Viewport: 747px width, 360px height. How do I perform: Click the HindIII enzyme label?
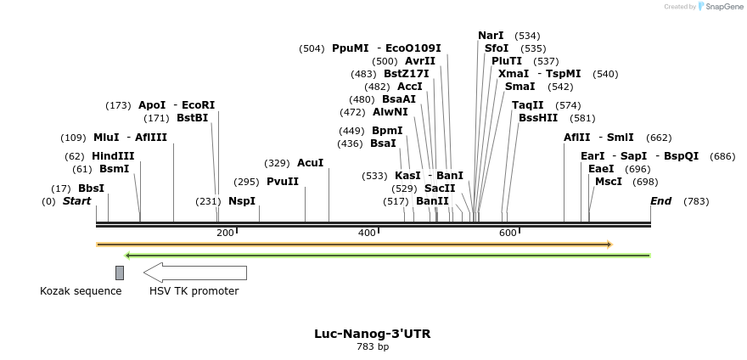113,156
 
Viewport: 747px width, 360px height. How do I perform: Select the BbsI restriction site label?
91,188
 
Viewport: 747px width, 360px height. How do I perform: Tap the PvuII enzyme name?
283,182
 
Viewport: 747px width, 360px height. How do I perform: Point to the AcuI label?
310,163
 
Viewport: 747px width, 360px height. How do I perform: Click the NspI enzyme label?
242,201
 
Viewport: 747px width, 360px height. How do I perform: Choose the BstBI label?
192,118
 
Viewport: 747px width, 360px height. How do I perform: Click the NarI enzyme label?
491,36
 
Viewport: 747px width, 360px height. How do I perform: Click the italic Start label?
76,201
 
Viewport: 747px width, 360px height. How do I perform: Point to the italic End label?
660,201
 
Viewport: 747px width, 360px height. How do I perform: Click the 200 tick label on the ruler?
225,233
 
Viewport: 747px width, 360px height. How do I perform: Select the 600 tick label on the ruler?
508,233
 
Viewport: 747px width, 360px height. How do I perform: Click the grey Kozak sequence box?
120,273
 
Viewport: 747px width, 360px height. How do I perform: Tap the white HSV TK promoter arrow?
195,273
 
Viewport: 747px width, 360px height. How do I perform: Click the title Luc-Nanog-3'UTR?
372,334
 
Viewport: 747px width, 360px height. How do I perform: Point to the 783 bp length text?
373,346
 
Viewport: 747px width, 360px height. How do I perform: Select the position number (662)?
659,138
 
